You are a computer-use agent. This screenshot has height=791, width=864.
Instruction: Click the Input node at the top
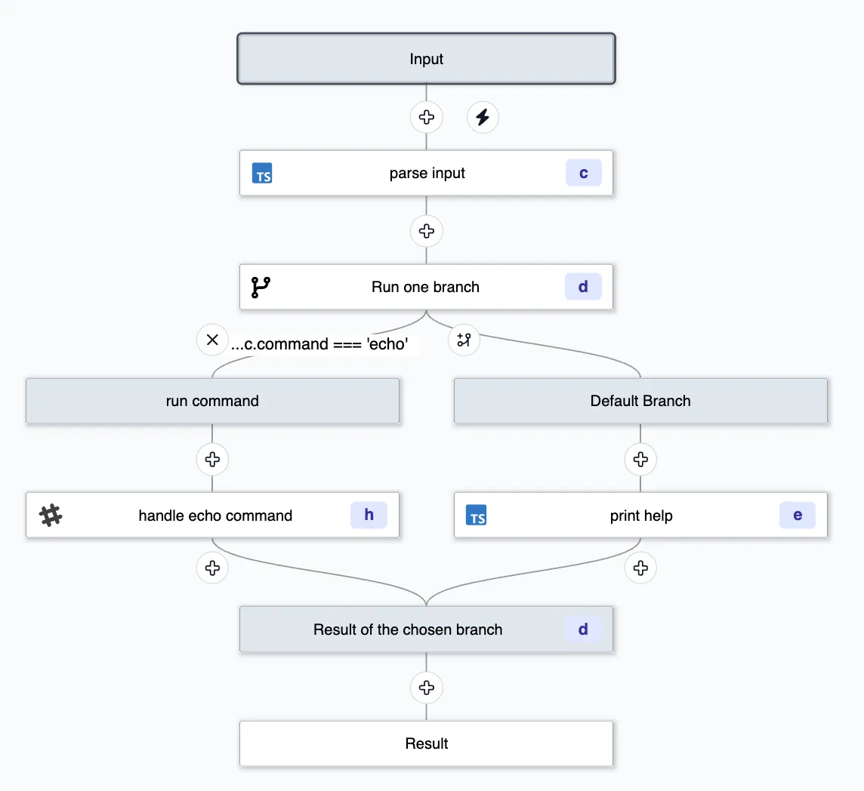click(x=426, y=59)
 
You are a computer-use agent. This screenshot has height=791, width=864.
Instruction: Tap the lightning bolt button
click(x=483, y=118)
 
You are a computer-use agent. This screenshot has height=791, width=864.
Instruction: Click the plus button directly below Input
click(x=426, y=118)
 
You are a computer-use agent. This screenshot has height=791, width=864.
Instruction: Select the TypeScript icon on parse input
click(x=262, y=174)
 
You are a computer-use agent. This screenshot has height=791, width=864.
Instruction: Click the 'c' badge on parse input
click(x=583, y=173)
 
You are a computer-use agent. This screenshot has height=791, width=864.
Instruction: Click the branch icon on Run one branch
click(x=261, y=288)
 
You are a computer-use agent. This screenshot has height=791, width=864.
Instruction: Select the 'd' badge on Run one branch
click(x=583, y=287)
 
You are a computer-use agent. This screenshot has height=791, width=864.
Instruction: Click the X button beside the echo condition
click(x=212, y=340)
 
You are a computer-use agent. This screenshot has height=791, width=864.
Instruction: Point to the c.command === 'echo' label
click(x=320, y=344)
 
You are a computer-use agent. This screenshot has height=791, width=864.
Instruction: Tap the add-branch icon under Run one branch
click(x=464, y=340)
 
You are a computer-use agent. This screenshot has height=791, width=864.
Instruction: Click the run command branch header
click(x=212, y=401)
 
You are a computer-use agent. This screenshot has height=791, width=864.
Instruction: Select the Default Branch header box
click(x=640, y=401)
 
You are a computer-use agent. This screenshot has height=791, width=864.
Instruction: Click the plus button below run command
click(x=212, y=459)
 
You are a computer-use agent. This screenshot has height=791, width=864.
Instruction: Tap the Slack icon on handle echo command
click(x=51, y=516)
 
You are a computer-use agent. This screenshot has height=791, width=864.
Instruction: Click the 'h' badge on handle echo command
click(x=369, y=515)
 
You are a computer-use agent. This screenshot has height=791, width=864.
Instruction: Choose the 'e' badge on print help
click(x=798, y=516)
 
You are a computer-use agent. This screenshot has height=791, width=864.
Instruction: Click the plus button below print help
click(x=640, y=568)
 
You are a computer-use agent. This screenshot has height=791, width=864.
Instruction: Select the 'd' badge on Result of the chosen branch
click(x=583, y=629)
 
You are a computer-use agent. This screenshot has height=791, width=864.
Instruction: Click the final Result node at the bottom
click(x=426, y=743)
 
